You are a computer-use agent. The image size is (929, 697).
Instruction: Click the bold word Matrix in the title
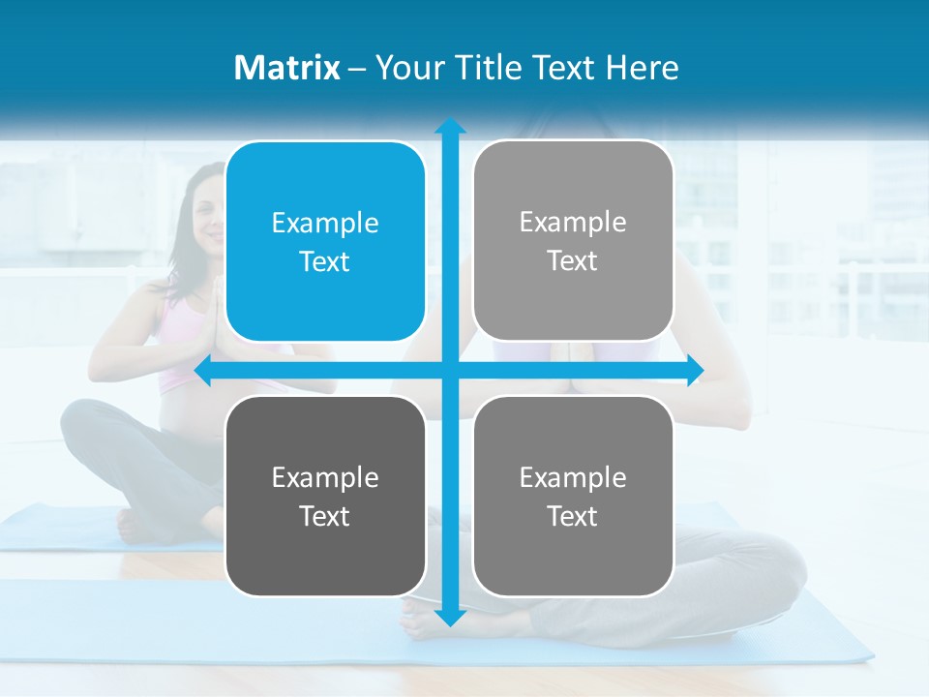pos(286,68)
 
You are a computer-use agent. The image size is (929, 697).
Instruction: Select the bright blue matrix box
pos(325,241)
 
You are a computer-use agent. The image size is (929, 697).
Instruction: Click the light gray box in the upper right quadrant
pos(573,241)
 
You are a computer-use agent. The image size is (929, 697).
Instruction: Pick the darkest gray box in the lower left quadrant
pos(325,496)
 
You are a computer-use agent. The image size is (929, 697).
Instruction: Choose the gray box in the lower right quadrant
pos(573,496)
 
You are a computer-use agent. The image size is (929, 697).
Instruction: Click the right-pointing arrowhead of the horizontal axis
pos(694,370)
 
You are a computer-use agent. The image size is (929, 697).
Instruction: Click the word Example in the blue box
pos(325,223)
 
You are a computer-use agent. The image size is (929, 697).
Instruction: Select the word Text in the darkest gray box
pos(325,516)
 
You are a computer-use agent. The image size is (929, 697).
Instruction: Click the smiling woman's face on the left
pos(206,208)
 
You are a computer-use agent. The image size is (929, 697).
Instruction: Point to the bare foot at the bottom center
pos(421,620)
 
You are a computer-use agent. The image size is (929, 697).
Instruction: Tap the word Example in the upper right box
pos(573,222)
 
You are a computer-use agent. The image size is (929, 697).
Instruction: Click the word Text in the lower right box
pos(573,516)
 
